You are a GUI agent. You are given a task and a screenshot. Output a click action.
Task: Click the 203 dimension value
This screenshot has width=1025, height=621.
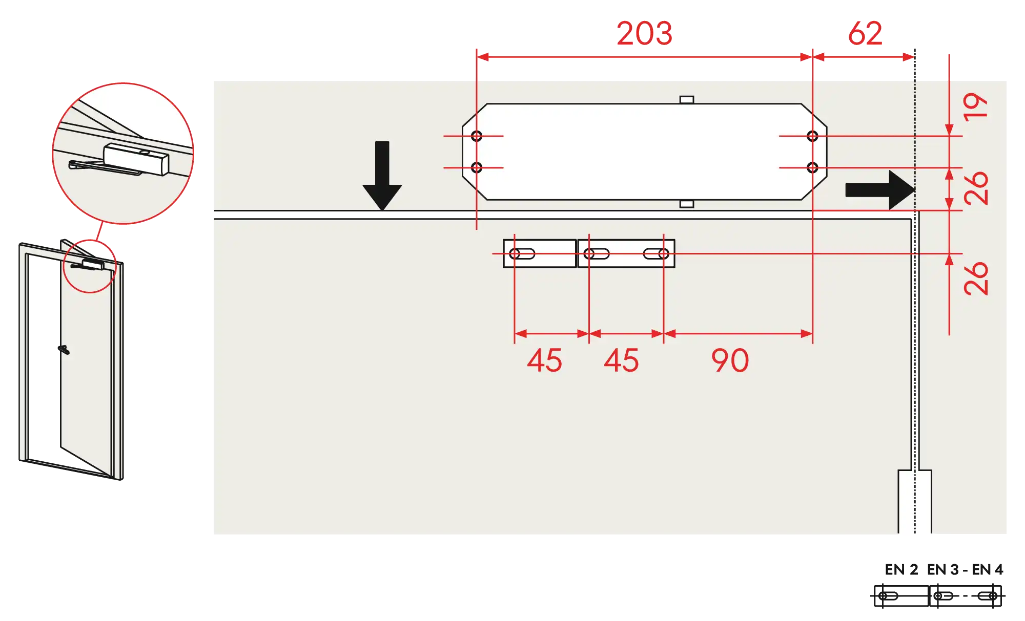pos(644,34)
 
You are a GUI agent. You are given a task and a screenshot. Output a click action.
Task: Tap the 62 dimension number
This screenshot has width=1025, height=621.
pos(865,34)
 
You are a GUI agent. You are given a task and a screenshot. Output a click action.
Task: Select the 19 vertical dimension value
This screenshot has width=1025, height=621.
pos(975,106)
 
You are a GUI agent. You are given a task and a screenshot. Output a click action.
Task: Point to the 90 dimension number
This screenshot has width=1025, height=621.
pos(730,360)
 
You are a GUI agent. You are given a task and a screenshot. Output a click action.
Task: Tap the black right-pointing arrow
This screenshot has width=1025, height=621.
pos(880,190)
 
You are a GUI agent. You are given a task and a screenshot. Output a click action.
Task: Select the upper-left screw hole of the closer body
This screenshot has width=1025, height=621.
pos(477,136)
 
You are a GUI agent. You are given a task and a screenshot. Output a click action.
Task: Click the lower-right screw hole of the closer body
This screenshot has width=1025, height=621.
pos(812,167)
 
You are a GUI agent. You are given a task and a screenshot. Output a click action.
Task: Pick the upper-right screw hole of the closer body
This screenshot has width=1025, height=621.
pos(812,136)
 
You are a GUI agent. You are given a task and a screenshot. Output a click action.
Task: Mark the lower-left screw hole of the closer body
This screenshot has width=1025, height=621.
pos(477,167)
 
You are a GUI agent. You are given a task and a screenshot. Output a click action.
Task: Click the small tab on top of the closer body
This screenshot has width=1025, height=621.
pos(687,100)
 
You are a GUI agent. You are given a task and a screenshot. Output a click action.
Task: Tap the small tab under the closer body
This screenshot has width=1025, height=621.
pos(687,204)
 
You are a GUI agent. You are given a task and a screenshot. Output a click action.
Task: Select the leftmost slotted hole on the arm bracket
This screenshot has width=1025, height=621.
pos(522,254)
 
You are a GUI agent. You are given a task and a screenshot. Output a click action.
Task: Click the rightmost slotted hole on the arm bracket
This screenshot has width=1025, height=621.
pos(656,254)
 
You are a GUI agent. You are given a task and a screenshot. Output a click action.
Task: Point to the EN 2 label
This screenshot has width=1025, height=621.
pos(901,570)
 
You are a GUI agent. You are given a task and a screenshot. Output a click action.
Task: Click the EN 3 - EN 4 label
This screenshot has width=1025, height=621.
pos(965,570)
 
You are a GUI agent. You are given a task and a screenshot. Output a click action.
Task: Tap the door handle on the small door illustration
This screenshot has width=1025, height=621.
pos(64,350)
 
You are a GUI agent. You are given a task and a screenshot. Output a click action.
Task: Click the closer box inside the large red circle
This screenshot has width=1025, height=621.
pos(136,159)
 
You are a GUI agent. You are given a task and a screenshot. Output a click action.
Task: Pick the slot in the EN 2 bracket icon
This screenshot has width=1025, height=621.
pos(888,596)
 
